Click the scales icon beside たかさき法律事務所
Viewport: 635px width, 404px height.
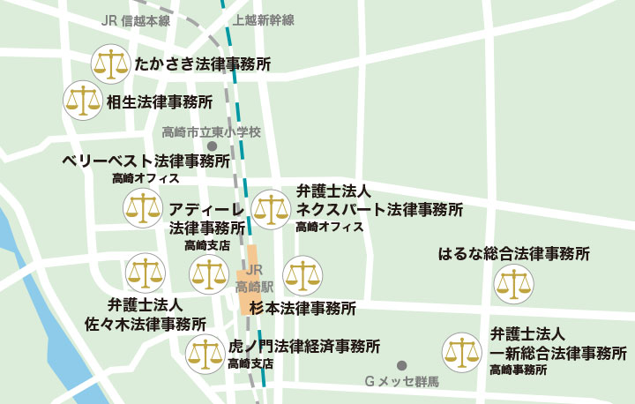click(110, 64)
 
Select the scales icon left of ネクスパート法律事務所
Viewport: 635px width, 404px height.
click(271, 209)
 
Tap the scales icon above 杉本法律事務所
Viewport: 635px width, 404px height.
click(302, 276)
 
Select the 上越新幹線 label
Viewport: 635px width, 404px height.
click(264, 20)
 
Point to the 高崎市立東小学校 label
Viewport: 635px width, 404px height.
click(212, 132)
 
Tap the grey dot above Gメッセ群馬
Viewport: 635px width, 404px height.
click(402, 364)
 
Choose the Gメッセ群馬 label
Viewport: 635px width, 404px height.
click(401, 383)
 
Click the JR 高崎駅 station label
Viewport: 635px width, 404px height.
click(255, 279)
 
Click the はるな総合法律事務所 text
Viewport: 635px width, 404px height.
click(514, 255)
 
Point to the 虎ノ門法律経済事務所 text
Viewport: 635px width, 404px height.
click(303, 345)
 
